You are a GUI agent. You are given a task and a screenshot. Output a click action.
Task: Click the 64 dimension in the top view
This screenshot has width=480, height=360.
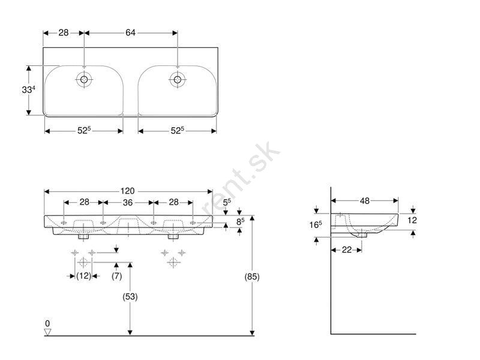pyautogui.click(x=130, y=32)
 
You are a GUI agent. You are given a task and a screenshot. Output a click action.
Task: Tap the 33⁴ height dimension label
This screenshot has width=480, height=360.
pyautogui.click(x=28, y=89)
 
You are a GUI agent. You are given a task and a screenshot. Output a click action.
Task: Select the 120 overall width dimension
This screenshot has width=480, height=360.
pyautogui.click(x=127, y=191)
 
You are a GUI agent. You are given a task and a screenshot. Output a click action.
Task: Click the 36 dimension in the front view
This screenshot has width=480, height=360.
pyautogui.click(x=128, y=202)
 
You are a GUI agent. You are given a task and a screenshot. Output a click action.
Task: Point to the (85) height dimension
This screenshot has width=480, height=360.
pyautogui.click(x=252, y=277)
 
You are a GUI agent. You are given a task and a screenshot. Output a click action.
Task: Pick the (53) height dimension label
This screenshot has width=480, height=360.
pyautogui.click(x=130, y=296)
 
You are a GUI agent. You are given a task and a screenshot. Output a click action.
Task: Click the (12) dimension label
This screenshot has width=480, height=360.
pyautogui.click(x=83, y=276)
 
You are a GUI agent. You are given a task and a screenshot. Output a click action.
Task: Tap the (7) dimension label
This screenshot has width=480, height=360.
pyautogui.click(x=116, y=276)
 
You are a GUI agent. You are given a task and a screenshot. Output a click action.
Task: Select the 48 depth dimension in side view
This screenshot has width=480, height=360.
pyautogui.click(x=365, y=201)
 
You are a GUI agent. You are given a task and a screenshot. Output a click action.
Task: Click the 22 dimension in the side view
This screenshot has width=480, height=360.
pyautogui.click(x=347, y=250)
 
